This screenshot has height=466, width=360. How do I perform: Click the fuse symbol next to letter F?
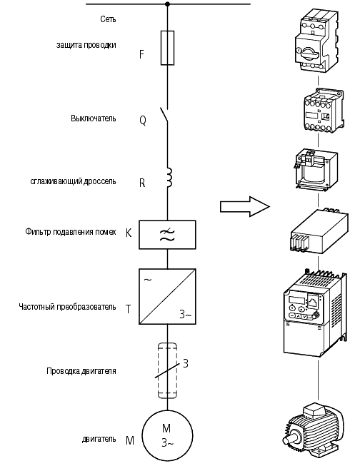(x=167, y=48)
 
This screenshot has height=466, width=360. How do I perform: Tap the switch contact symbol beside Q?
(x=164, y=115)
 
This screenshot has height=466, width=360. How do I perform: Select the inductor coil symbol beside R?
(x=169, y=178)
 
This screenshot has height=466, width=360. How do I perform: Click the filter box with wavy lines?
(x=167, y=235)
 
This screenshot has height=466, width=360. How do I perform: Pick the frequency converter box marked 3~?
(x=167, y=296)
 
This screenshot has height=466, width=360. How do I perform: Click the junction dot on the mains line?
(x=168, y=4)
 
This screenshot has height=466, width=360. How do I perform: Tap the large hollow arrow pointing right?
(x=244, y=206)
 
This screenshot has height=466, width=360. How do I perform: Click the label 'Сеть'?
(x=108, y=19)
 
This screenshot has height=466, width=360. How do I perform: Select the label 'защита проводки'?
(x=86, y=45)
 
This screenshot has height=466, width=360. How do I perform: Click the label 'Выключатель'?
(x=93, y=118)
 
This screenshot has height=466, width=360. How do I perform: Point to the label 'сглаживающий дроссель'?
(x=73, y=181)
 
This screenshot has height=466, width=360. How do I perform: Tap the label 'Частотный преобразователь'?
(x=67, y=307)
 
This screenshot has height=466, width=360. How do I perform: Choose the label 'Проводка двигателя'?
(x=81, y=371)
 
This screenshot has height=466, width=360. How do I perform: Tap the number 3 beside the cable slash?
(x=185, y=363)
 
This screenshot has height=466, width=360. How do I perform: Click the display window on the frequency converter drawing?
(x=296, y=300)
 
